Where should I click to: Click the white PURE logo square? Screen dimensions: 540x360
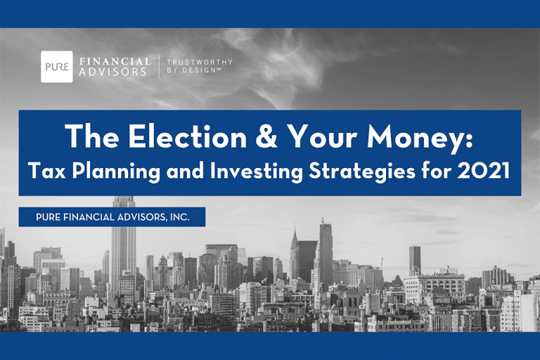[x=57, y=67]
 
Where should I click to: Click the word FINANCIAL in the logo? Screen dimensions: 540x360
[x=115, y=62]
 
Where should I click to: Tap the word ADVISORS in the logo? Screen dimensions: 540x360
[x=113, y=72]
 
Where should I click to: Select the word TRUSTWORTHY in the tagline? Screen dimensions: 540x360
[x=200, y=63]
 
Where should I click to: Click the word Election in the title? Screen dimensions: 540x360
[x=188, y=137]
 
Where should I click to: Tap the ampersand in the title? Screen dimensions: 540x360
[x=266, y=137]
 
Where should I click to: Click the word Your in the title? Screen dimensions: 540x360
[x=321, y=137]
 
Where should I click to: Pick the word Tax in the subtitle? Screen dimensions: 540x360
[x=47, y=171]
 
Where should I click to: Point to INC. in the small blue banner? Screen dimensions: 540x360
[x=179, y=217]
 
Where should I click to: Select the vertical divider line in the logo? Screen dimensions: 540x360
[x=159, y=67]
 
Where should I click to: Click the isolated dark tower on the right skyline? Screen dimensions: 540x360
[x=415, y=260]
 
